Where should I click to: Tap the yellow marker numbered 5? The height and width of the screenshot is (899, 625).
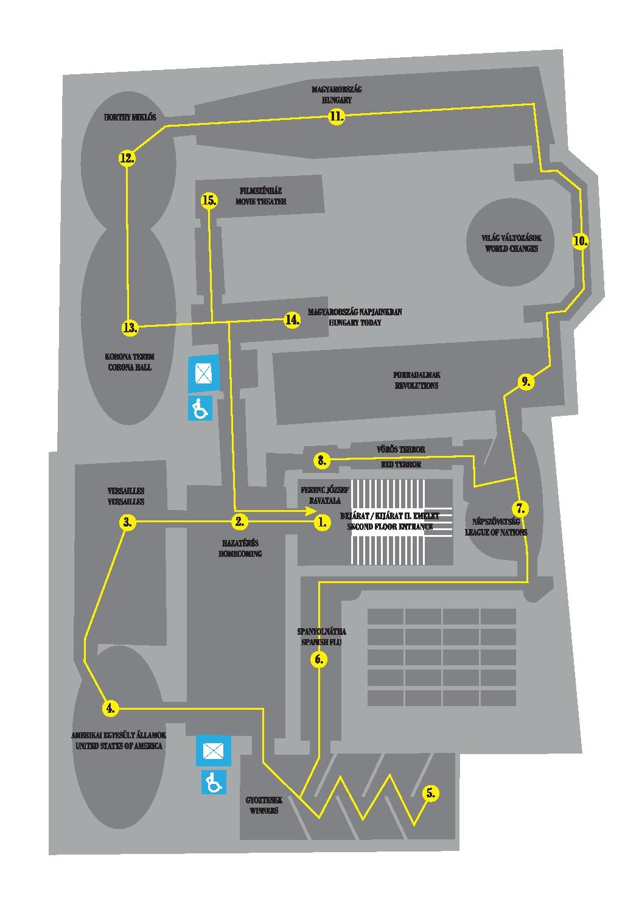tap(431, 792)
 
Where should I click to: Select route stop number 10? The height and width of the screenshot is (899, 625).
tap(581, 240)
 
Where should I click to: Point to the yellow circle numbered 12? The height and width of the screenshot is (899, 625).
tap(127, 158)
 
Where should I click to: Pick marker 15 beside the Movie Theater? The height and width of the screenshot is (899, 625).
tap(209, 200)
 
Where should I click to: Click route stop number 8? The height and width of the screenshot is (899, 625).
tap(322, 460)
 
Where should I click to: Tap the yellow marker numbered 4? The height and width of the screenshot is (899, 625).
tap(110, 708)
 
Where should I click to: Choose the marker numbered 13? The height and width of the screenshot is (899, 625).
tap(130, 327)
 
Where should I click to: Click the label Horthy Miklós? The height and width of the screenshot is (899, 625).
tap(130, 117)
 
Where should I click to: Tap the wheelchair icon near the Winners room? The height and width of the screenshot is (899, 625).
tap(214, 782)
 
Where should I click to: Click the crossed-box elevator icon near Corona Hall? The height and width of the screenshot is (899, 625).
tap(203, 371)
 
